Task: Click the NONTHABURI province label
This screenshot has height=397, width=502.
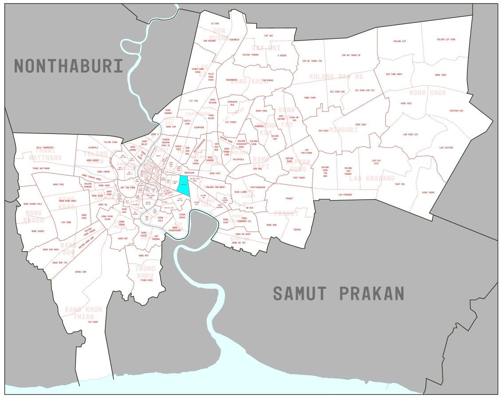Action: tap(68, 66)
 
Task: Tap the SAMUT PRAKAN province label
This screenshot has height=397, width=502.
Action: tap(338, 294)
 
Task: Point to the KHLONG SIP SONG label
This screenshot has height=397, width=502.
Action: tap(446, 39)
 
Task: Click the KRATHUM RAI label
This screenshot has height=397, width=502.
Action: tap(456, 110)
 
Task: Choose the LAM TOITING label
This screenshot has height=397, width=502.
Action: tap(446, 148)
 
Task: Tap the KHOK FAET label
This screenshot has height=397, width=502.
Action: tap(406, 103)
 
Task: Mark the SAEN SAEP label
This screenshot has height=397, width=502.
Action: tap(360, 125)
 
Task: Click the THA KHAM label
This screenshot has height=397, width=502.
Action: tap(93, 322)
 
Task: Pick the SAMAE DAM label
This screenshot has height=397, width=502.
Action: tap(80, 272)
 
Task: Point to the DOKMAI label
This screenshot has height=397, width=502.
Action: tap(297, 229)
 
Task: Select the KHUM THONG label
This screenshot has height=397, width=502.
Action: tap(428, 193)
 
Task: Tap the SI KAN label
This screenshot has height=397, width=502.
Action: tap(215, 24)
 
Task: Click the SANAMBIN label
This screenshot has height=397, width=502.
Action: tap(234, 39)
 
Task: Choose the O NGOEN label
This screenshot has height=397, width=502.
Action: tap(282, 55)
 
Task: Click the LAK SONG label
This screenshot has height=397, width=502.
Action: tap(66, 222)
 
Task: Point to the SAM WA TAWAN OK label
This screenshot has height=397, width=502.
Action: tap(351, 55)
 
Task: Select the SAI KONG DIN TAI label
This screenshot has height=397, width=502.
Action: tap(364, 90)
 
